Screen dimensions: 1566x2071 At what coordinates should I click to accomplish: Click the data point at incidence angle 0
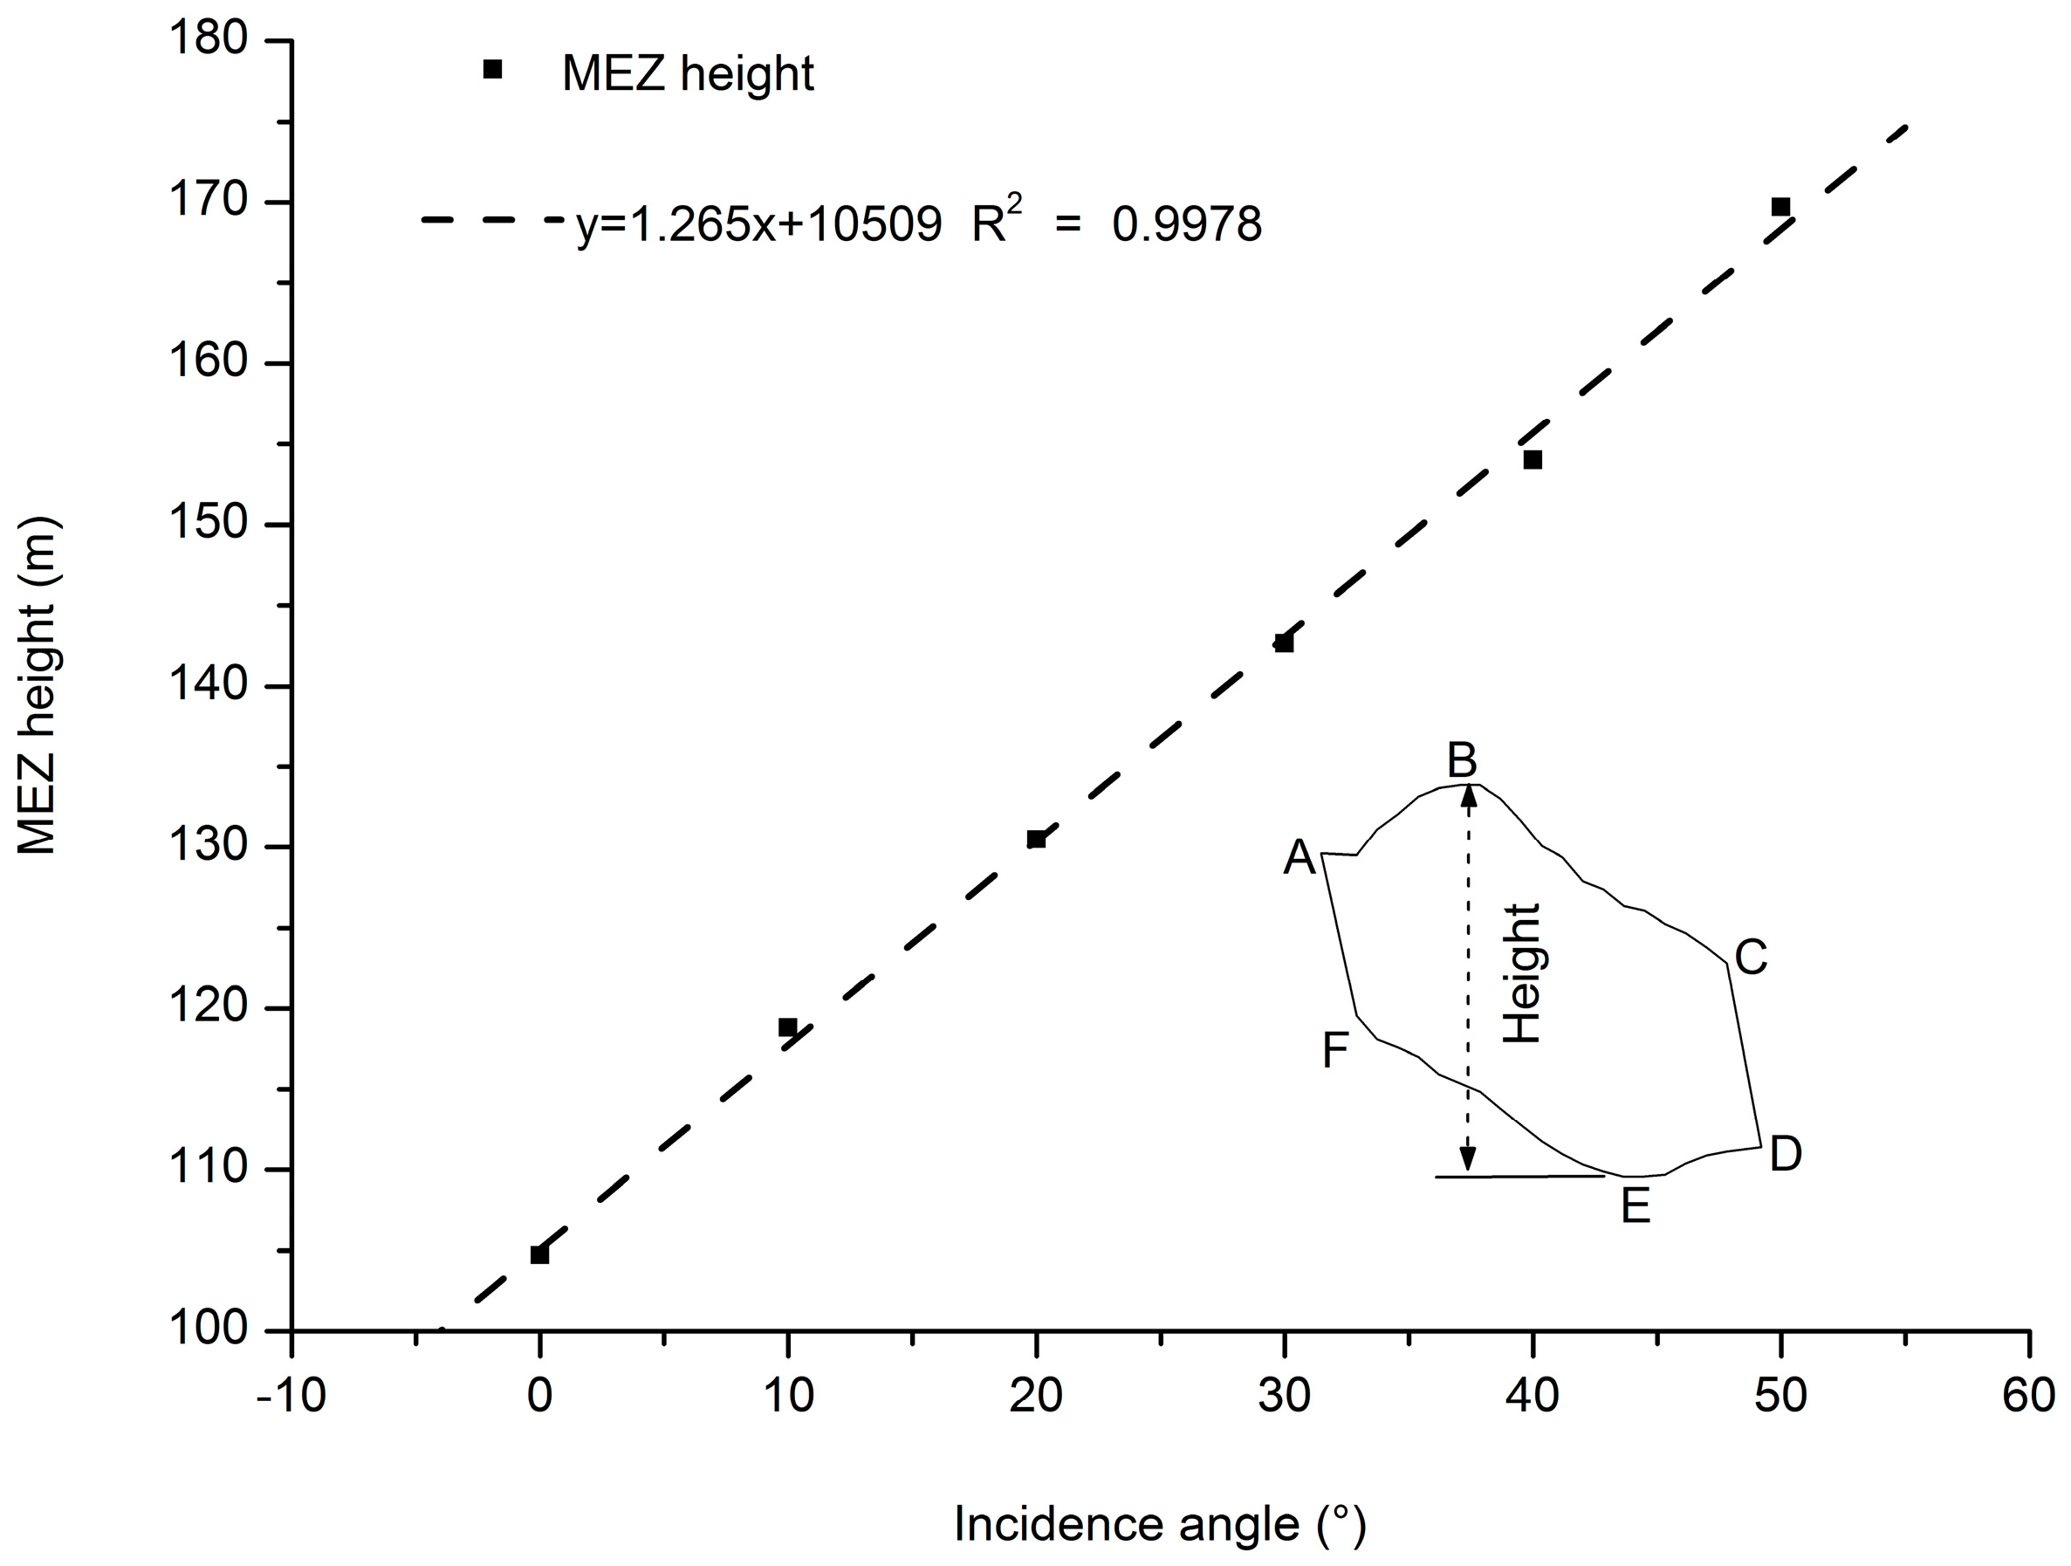coord(539,1254)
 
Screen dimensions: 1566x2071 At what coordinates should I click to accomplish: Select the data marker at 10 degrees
coord(787,1027)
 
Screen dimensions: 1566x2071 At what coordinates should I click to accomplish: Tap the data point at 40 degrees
coord(1533,459)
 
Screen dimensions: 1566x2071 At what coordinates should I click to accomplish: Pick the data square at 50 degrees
coord(1780,206)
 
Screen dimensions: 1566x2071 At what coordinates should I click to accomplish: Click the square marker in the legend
coord(492,69)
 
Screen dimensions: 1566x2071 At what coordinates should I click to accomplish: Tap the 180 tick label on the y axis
coord(208,39)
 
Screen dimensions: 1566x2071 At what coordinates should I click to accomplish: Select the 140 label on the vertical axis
coord(208,684)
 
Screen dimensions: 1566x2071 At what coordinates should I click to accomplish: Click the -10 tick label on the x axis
coord(291,1396)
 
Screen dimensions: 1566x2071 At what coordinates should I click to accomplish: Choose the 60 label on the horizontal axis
coord(2028,1396)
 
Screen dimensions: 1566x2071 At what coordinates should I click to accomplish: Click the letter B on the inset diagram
coord(1462,759)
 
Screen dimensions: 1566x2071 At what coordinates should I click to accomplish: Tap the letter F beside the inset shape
coord(1335,1050)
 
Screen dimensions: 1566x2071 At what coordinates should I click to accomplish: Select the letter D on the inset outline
coord(1786,1154)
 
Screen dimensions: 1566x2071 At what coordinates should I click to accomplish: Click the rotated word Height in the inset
coord(1522,974)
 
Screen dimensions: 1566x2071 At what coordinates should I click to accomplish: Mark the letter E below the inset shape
coord(1636,1206)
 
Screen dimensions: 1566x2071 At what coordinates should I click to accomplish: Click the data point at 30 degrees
coord(1284,642)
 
